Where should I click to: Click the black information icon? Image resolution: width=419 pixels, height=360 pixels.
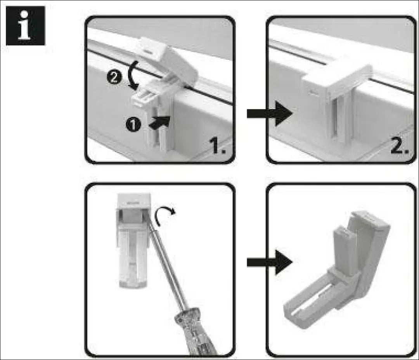[x=26, y=26]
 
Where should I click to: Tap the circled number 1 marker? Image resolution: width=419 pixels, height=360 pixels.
[x=133, y=125]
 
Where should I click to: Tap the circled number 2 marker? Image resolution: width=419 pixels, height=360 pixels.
[x=114, y=78]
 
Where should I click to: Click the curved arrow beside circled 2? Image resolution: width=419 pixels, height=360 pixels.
[x=133, y=75]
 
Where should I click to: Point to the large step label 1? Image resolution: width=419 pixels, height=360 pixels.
[x=218, y=146]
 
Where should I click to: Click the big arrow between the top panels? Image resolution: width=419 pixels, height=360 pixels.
[x=270, y=114]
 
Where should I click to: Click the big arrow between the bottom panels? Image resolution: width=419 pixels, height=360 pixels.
[x=270, y=262]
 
